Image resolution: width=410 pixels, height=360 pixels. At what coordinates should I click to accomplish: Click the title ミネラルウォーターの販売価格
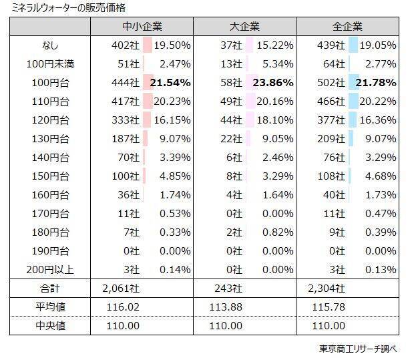click(x=63, y=8)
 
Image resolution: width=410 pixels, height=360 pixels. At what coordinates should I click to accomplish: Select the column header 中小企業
click(x=142, y=27)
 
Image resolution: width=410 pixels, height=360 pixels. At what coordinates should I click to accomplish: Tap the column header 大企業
click(x=244, y=27)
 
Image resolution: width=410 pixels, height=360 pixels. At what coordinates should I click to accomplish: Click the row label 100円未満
click(x=50, y=63)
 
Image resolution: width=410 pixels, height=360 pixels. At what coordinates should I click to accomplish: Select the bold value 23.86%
click(x=273, y=82)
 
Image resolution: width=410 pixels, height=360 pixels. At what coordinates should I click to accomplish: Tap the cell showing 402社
click(x=126, y=45)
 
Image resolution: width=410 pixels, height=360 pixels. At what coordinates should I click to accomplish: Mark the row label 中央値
click(x=50, y=325)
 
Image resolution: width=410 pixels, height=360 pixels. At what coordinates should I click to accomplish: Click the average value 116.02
click(x=123, y=307)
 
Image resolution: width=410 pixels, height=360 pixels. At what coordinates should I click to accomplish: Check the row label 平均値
click(x=50, y=307)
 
